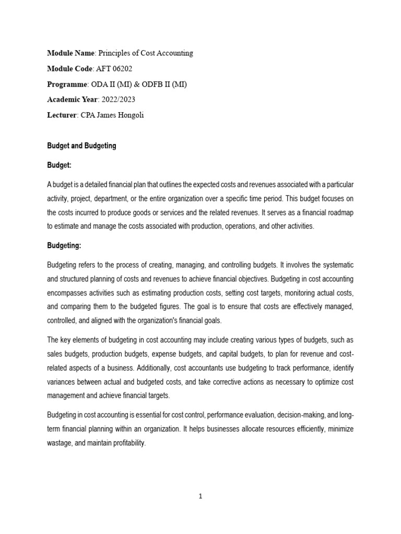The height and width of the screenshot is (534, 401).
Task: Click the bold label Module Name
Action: tap(71, 53)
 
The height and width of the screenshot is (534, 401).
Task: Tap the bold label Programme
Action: tap(66, 84)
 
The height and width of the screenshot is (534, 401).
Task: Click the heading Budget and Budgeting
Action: tap(81, 146)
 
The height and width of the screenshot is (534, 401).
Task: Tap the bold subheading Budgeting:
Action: tap(64, 245)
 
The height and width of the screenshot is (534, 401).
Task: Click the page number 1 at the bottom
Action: tap(200, 496)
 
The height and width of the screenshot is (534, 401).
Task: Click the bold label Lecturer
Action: tap(62, 115)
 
